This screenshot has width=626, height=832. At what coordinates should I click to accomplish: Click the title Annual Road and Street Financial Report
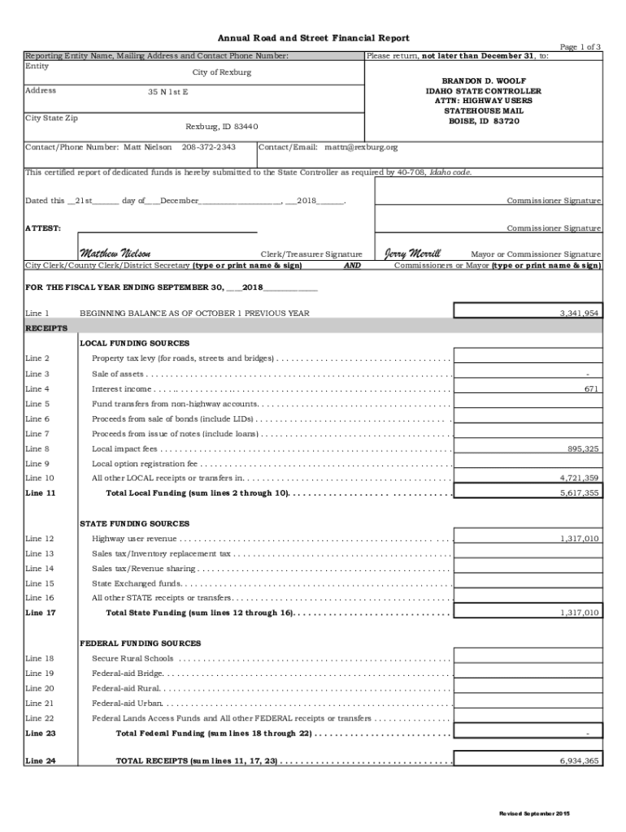click(312, 38)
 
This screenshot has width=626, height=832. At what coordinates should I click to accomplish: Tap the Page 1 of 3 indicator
click(580, 47)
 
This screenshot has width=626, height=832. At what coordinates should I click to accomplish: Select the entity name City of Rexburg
click(222, 72)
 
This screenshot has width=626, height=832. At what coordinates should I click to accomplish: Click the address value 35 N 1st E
click(167, 93)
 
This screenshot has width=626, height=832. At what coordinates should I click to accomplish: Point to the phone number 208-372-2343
click(209, 147)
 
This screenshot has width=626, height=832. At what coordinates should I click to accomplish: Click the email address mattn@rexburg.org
click(361, 147)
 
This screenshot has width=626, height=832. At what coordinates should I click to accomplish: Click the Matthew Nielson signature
click(115, 253)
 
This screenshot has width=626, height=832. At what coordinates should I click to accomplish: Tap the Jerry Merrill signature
click(412, 253)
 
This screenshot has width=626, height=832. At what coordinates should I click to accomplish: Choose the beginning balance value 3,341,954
click(579, 313)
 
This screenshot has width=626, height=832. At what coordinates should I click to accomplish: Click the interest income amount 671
click(591, 389)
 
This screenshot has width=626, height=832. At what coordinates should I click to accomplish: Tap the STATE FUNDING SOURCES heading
click(134, 524)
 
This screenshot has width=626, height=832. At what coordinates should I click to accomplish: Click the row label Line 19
click(39, 674)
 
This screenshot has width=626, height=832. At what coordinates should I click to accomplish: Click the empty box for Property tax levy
click(527, 358)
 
